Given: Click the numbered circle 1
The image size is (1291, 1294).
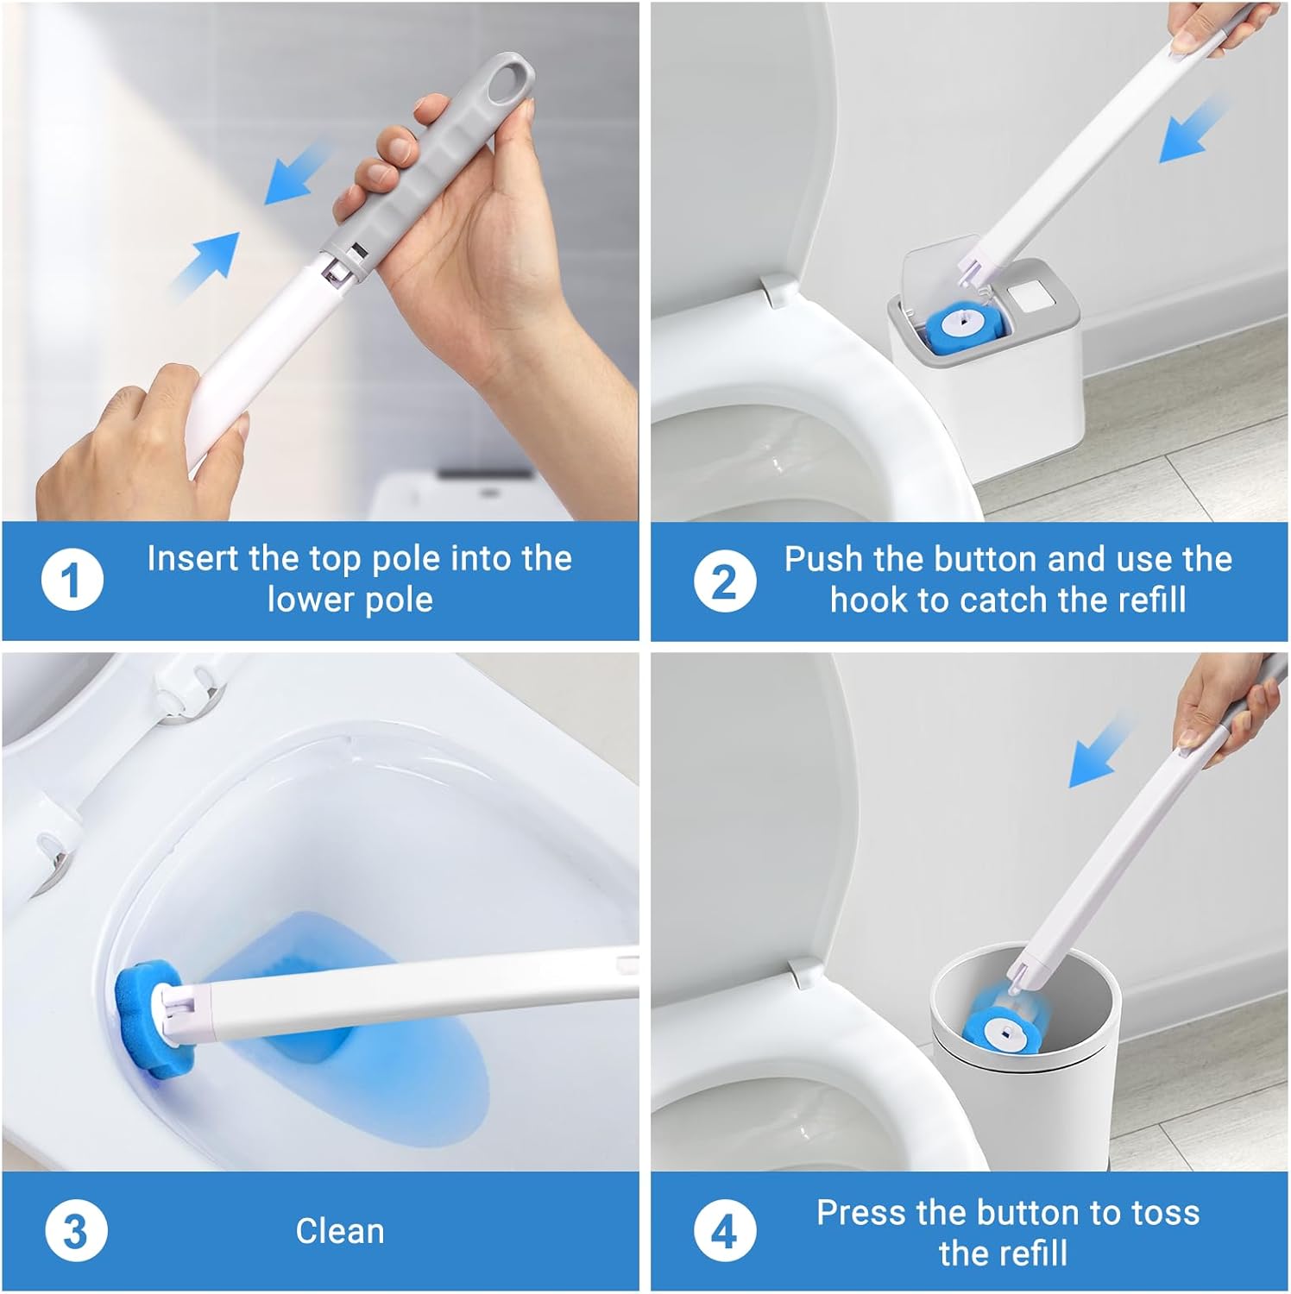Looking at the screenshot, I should tap(72, 581).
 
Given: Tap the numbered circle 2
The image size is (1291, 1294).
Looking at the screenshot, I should tap(724, 581).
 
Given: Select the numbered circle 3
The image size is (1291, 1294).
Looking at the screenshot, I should tap(75, 1231).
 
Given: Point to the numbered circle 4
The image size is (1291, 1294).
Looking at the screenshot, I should tap(724, 1231).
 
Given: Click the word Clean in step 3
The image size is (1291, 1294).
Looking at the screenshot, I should tap(340, 1231).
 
